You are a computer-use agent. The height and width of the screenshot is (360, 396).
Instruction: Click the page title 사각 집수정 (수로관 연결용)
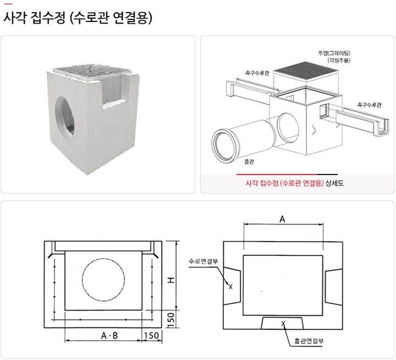click(x=78, y=18)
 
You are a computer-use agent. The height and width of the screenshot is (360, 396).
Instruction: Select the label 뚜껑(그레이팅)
click(x=334, y=53)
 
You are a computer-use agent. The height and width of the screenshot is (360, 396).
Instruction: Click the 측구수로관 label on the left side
click(x=257, y=72)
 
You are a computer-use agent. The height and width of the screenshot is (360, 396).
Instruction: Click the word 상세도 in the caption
click(x=335, y=183)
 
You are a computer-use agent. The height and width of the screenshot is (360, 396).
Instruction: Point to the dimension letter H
click(x=171, y=280)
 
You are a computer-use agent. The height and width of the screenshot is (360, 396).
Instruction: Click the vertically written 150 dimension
click(x=172, y=319)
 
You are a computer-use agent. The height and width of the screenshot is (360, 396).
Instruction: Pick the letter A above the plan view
click(x=283, y=219)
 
